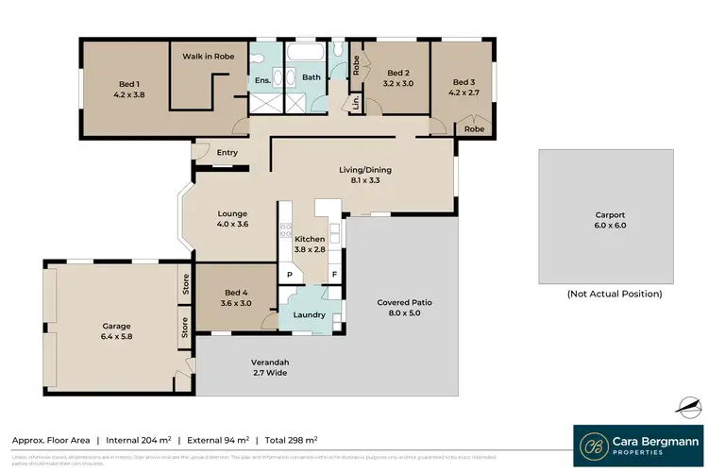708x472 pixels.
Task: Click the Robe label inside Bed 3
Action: point(475,129)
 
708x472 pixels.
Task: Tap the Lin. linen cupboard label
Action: point(356,103)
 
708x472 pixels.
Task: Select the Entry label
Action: point(228,153)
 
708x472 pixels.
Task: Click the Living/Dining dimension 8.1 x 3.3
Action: point(365,181)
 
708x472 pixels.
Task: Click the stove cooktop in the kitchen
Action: point(286,232)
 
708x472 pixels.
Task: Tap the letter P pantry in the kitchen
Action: point(290,275)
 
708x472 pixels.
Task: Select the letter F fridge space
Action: point(333,275)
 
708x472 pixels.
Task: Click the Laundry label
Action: point(310,315)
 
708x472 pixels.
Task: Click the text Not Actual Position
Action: point(615,295)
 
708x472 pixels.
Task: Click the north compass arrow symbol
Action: point(688,407)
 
